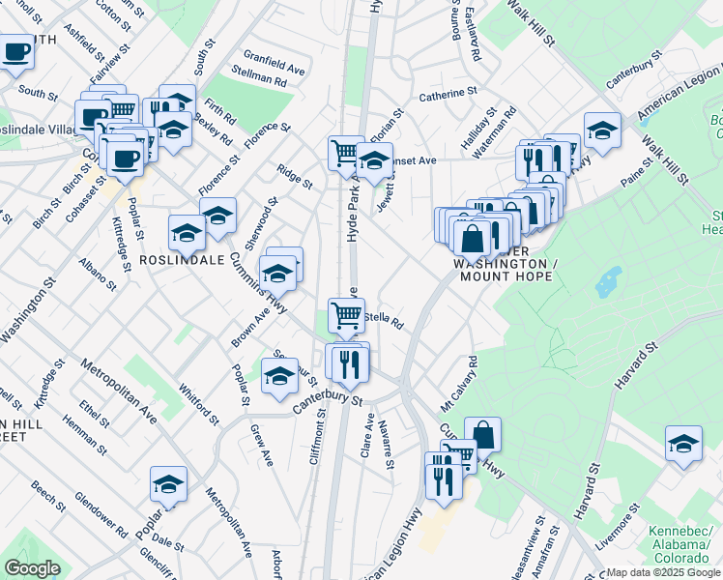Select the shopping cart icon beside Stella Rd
[x=346, y=314]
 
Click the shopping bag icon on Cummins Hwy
[x=482, y=435]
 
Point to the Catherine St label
[x=448, y=96]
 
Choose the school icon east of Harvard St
[x=683, y=444]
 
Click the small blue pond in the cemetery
[x=608, y=283]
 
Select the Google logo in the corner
[x=32, y=567]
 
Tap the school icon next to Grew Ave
[x=279, y=375]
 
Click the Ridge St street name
[x=295, y=176]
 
